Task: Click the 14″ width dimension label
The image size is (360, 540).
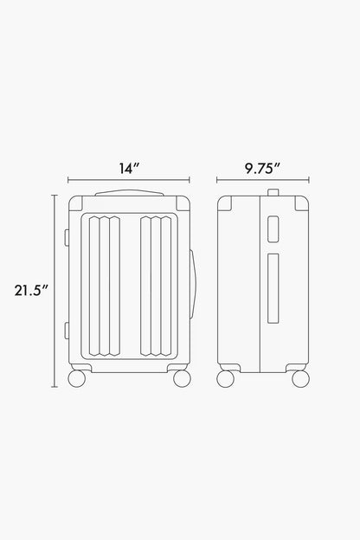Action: click(129, 169)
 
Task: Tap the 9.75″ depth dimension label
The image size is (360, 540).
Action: click(262, 169)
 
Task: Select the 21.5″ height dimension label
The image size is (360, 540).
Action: click(31, 290)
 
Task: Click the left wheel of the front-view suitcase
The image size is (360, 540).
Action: click(76, 378)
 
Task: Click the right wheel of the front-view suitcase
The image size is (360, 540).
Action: click(182, 378)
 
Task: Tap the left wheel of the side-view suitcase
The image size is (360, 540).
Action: click(225, 378)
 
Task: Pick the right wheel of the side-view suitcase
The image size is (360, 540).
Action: click(300, 378)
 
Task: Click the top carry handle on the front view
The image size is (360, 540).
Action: click(129, 192)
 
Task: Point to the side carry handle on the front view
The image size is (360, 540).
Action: click(194, 284)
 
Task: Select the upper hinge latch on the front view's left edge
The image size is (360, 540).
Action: click(67, 238)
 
